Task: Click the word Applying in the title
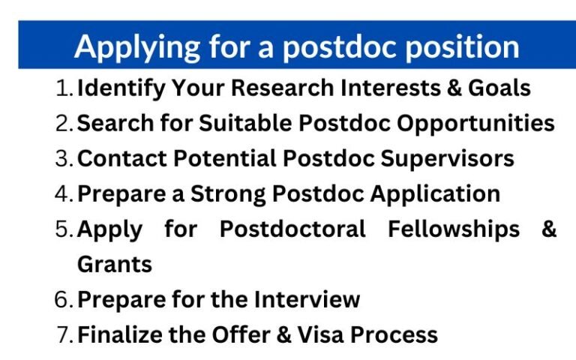pos(137,49)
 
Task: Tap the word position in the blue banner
pos(463,47)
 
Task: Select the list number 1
pos(64,88)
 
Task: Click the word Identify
pos(121,89)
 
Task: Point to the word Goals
pos(499,88)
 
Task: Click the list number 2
pos(64,124)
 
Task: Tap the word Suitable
pos(245,123)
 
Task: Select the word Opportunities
pos(475,124)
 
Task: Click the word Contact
pos(122,159)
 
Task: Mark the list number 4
pos(64,194)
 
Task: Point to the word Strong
pos(228,194)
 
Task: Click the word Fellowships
pos(454,229)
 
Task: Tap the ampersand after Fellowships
pos(549,229)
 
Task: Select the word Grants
pos(115,264)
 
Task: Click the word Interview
pos(307,299)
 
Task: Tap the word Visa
pos(321,334)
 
